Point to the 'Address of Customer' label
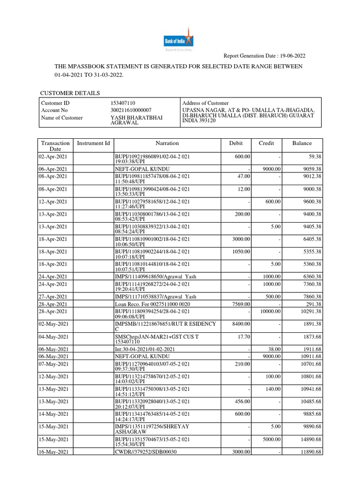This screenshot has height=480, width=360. (205, 103)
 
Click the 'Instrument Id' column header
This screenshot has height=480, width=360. (93, 143)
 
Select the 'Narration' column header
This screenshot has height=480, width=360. (167, 143)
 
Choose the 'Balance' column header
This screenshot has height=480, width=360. (302, 143)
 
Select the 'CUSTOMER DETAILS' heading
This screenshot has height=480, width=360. (70, 93)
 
